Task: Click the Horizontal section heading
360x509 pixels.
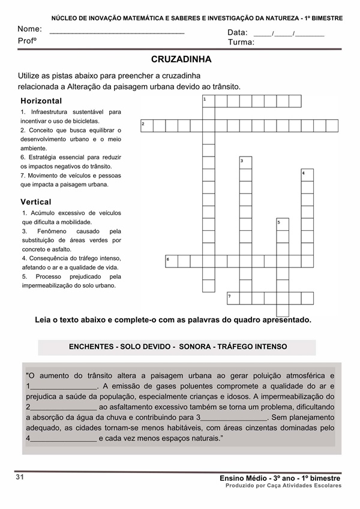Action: pyautogui.click(x=41, y=101)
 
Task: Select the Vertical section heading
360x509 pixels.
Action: pyautogui.click(x=36, y=202)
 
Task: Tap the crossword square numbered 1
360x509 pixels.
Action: pyautogui.click(x=208, y=101)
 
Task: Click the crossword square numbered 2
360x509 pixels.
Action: pyautogui.click(x=146, y=125)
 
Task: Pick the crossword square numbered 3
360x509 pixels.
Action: pyautogui.click(x=245, y=162)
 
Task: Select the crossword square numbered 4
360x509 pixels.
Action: pyautogui.click(x=307, y=175)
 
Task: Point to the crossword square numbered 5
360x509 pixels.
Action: pyautogui.click(x=283, y=224)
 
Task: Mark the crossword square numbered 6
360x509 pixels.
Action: pyautogui.click(x=172, y=261)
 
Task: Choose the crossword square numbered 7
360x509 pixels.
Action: pyautogui.click(x=233, y=298)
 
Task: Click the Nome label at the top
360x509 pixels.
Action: pyautogui.click(x=29, y=29)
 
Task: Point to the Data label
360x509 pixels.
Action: pyautogui.click(x=237, y=32)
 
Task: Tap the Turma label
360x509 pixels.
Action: pyautogui.click(x=241, y=43)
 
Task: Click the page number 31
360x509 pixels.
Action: pyautogui.click(x=20, y=477)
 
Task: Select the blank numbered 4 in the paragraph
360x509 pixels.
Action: pyautogui.click(x=63, y=439)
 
